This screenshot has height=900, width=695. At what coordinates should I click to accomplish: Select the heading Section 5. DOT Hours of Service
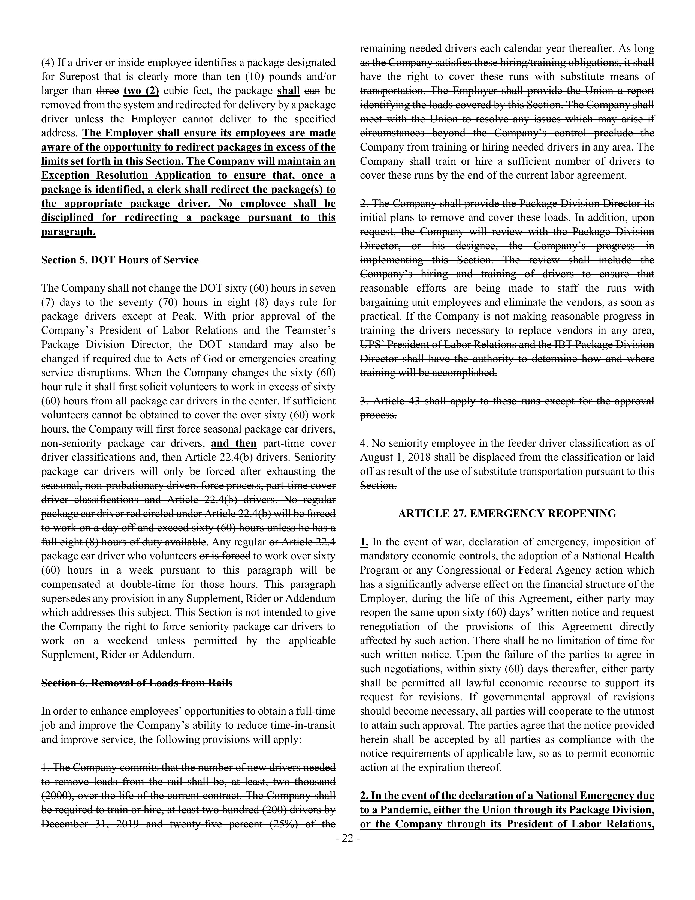tap(120, 260)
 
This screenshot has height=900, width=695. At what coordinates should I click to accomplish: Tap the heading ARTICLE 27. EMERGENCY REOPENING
tap(507, 514)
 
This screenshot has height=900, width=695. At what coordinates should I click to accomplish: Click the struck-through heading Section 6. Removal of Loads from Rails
tap(137, 683)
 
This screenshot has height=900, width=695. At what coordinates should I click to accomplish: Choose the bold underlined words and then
tap(234, 443)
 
